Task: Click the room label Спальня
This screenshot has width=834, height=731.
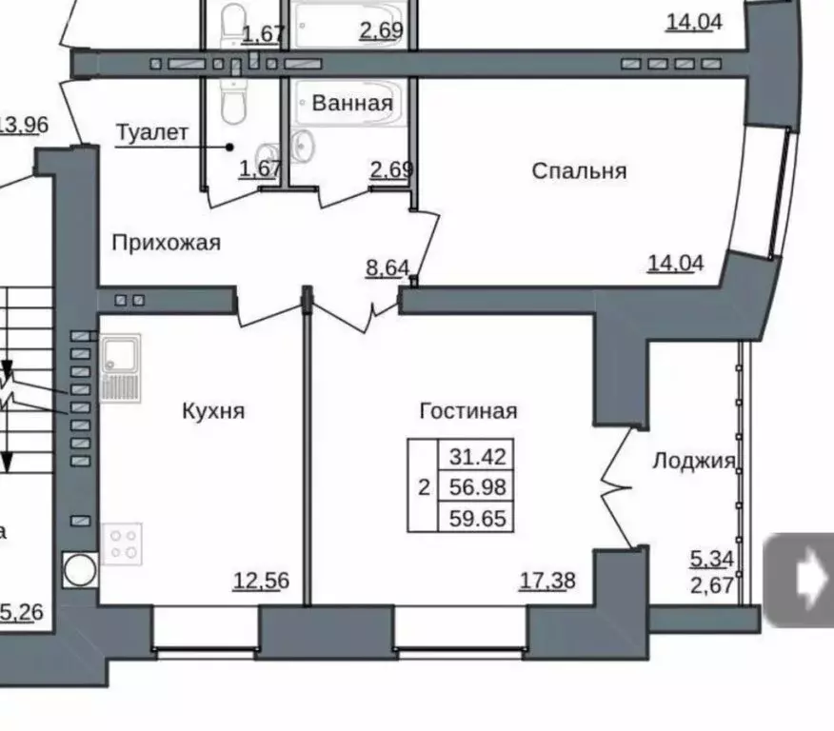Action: pos(579,171)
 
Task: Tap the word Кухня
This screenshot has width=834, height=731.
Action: pos(213,411)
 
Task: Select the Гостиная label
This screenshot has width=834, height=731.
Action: pos(467,411)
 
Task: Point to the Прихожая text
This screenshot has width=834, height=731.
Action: pos(166,243)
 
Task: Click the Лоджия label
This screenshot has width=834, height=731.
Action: pos(694,462)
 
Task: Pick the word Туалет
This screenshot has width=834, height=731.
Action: pos(152,132)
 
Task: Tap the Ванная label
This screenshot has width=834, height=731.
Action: pos(351,103)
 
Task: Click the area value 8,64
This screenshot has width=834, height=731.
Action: pos(388,268)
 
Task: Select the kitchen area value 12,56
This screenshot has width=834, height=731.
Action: pos(261,581)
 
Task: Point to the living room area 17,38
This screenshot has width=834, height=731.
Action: pos(547,581)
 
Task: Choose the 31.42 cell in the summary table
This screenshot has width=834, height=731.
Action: pos(475,455)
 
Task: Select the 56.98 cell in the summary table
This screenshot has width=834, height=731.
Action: pos(475,487)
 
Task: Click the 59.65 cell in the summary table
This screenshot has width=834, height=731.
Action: pos(475,519)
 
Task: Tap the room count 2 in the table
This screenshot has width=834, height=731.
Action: pos(423,487)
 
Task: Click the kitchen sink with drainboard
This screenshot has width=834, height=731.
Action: pos(121,367)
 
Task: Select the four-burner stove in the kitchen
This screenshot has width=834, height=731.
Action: pos(122,543)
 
